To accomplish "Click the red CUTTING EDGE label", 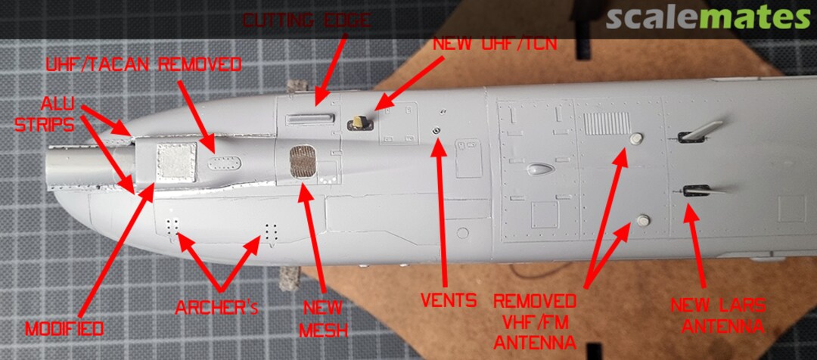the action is pyautogui.click(x=306, y=21).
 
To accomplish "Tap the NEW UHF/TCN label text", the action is pyautogui.click(x=495, y=44).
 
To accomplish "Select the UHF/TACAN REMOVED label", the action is pyautogui.click(x=143, y=65).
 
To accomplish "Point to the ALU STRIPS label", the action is pyautogui.click(x=45, y=114).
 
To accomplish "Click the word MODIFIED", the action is pyautogui.click(x=64, y=329).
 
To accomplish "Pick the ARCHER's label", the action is pyautogui.click(x=217, y=308).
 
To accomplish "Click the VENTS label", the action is pyautogui.click(x=449, y=300).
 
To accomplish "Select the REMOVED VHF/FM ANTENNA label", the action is pyautogui.click(x=535, y=321).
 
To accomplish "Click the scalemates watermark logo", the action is pyautogui.click(x=708, y=19).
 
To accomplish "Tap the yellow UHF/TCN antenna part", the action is pyautogui.click(x=359, y=123).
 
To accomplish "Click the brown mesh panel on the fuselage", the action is pyautogui.click(x=303, y=162).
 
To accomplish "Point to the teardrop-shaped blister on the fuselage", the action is pyautogui.click(x=539, y=169).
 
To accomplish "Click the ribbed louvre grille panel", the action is pyautogui.click(x=607, y=123).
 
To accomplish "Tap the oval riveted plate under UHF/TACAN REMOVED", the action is pyautogui.click(x=224, y=163).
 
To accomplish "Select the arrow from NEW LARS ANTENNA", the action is pyautogui.click(x=695, y=246).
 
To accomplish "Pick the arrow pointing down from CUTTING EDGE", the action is pyautogui.click(x=331, y=70).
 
